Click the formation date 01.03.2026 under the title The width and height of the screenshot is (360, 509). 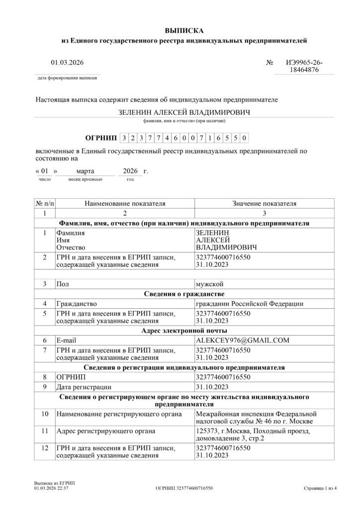(x=67, y=63)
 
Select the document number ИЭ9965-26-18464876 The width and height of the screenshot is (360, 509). (x=304, y=67)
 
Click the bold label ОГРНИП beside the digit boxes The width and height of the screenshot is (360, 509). (x=101, y=138)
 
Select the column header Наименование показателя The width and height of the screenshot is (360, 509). (x=125, y=204)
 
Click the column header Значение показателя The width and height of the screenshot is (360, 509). (x=264, y=204)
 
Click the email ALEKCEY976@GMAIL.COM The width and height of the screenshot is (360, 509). (x=242, y=340)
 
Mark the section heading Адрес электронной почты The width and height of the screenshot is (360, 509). (x=184, y=331)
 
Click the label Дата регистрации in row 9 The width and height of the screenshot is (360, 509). (x=84, y=387)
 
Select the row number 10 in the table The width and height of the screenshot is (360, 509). (x=45, y=414)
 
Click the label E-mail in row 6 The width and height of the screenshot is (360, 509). (x=65, y=340)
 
